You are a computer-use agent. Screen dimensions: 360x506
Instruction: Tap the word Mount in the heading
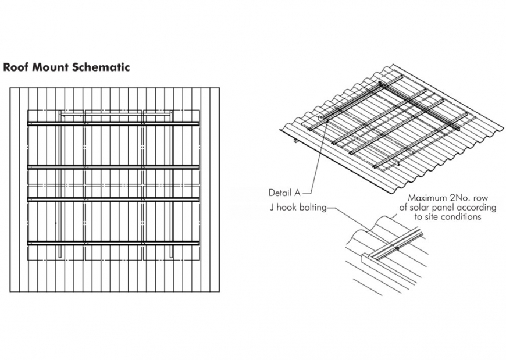(x=49, y=67)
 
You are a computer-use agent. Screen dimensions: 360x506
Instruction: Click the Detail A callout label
(x=284, y=193)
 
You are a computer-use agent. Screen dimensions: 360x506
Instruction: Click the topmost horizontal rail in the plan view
(x=114, y=123)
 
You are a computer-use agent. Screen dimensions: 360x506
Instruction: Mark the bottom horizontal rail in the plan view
(x=114, y=243)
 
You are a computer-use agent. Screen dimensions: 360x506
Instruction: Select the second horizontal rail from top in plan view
(x=114, y=167)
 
